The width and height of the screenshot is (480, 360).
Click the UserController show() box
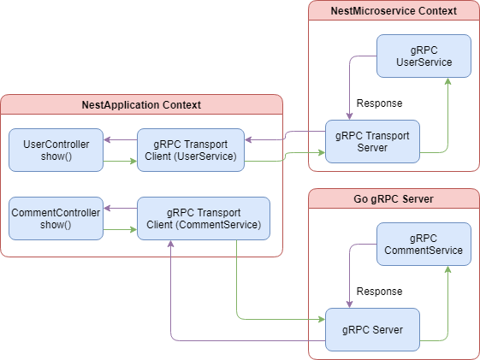click(56, 150)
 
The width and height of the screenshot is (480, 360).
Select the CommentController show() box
click(56, 218)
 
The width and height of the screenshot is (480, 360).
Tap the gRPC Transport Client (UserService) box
click(191, 150)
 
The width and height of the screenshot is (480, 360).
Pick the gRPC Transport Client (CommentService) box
click(204, 218)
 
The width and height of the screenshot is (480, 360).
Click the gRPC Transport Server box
click(372, 141)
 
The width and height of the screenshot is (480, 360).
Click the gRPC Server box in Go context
click(372, 329)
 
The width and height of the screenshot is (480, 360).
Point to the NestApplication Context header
click(141, 104)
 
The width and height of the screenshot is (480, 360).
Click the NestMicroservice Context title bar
click(394, 11)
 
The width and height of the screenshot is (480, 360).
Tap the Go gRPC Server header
click(394, 198)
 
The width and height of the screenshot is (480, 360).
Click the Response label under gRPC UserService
click(379, 103)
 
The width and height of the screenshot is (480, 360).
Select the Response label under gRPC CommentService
click(379, 292)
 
